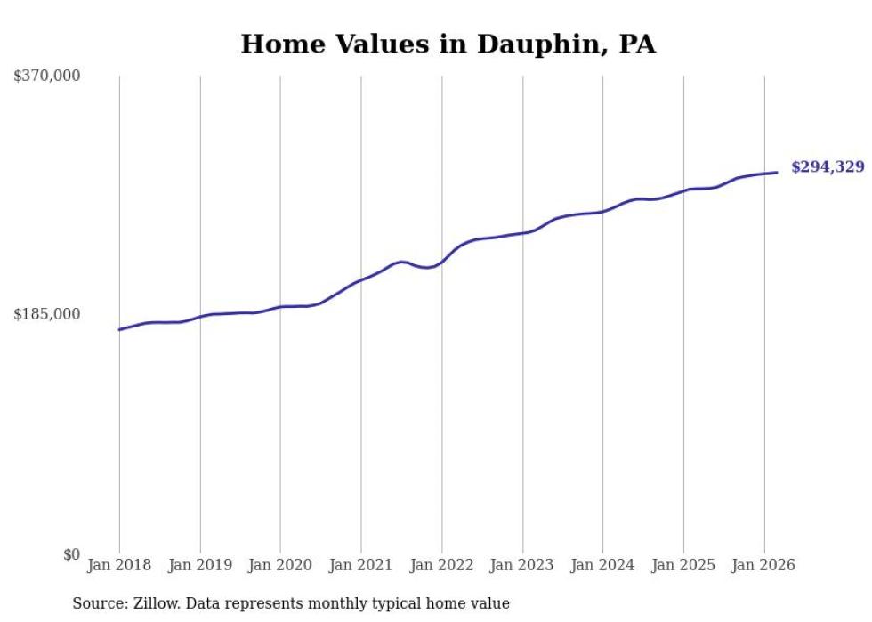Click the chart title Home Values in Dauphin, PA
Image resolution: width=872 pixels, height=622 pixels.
pyautogui.click(x=448, y=44)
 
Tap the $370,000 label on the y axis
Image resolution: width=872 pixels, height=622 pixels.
pyautogui.click(x=47, y=77)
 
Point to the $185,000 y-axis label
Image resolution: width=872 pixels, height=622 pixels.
pyautogui.click(x=47, y=314)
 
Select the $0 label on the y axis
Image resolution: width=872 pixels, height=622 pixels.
pyautogui.click(x=71, y=554)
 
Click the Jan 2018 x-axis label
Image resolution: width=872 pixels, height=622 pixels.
pyautogui.click(x=119, y=565)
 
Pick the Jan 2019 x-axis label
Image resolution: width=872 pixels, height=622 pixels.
pyautogui.click(x=199, y=565)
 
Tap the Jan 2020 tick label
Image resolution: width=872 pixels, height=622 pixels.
pyautogui.click(x=280, y=565)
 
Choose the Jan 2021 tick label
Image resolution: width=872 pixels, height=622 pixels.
pyautogui.click(x=360, y=565)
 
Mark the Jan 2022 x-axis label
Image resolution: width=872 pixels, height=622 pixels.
pyautogui.click(x=441, y=565)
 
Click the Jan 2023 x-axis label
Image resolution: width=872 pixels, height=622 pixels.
pyautogui.click(x=521, y=565)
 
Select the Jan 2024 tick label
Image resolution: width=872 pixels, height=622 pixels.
pyautogui.click(x=602, y=565)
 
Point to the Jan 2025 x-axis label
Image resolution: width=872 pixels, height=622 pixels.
pyautogui.click(x=682, y=565)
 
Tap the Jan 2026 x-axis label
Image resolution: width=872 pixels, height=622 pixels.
pyautogui.click(x=763, y=565)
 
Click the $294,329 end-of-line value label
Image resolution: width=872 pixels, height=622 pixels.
pyautogui.click(x=828, y=167)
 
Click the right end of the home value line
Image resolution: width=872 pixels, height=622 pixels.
pyautogui.click(x=777, y=173)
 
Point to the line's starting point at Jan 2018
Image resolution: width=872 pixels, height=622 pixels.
pyautogui.click(x=119, y=330)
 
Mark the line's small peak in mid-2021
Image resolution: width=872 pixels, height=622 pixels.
pyautogui.click(x=401, y=262)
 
